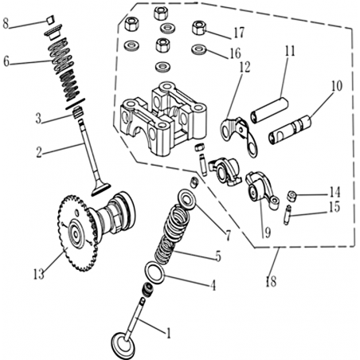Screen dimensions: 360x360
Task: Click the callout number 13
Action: click(39, 274)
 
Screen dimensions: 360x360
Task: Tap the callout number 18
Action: click(271, 281)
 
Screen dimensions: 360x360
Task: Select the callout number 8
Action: click(6, 24)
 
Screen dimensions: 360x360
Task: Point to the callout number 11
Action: click(290, 51)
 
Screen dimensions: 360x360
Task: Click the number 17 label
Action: click(239, 33)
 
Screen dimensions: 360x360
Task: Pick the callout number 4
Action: click(213, 285)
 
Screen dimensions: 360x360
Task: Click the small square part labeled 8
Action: click(51, 20)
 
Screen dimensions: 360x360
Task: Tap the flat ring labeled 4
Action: click(155, 273)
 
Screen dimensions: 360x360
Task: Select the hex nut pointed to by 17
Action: click(199, 28)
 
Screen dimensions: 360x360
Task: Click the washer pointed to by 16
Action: click(199, 49)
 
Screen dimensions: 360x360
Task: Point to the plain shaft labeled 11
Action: click(269, 111)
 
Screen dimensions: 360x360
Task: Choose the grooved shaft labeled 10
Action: click(291, 130)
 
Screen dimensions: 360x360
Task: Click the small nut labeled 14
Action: click(292, 196)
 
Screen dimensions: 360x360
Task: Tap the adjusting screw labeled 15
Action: click(288, 215)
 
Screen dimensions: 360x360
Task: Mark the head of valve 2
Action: click(100, 189)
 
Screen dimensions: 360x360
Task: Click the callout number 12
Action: click(245, 68)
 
